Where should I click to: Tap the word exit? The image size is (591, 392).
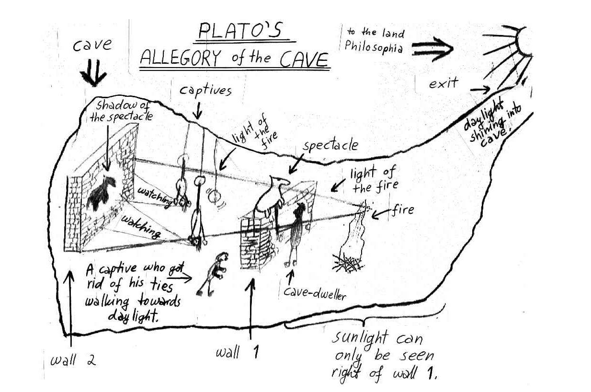click(x=443, y=84)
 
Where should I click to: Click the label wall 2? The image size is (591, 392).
click(x=73, y=360)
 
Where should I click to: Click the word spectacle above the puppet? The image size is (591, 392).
click(x=330, y=145)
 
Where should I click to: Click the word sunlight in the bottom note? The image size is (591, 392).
click(x=360, y=338)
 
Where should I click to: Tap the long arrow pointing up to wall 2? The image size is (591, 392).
click(x=71, y=307)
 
